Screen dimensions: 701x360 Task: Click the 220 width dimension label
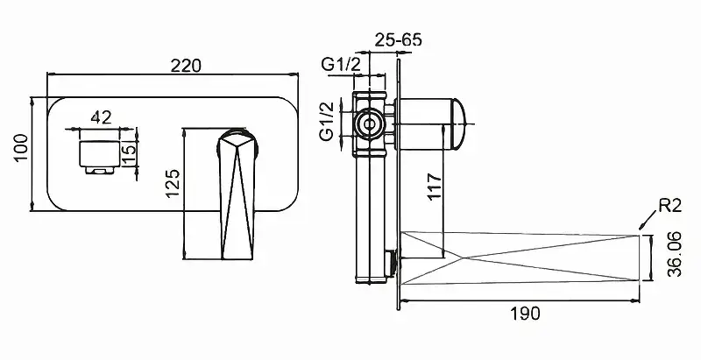(186, 66)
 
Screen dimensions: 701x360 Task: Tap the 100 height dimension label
(21, 148)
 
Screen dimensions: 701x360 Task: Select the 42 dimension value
(101, 117)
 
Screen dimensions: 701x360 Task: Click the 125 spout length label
(172, 183)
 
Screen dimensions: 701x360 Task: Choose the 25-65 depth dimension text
(399, 39)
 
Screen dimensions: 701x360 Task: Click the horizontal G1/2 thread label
(341, 65)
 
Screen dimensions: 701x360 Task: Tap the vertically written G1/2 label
(327, 121)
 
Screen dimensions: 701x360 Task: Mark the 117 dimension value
(434, 187)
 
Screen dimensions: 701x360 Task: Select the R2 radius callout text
(669, 206)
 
